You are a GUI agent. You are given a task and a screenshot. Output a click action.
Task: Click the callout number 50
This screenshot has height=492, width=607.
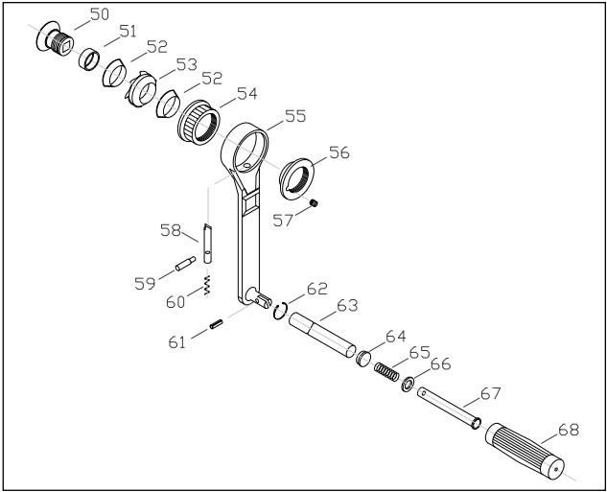pos(100,14)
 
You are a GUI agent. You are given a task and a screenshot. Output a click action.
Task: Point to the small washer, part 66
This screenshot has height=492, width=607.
pos(409,385)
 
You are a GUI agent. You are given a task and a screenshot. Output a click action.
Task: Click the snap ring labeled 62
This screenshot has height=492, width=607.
pos(279,310)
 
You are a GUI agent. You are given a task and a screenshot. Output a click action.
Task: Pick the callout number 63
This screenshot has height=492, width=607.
pos(346,306)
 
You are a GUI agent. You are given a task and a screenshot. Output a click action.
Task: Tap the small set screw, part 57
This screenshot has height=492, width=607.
pos(313,202)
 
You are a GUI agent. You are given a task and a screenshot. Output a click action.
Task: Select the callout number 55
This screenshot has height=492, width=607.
pos(294,116)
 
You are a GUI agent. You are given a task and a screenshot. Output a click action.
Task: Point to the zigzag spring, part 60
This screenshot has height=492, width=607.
pos(206,285)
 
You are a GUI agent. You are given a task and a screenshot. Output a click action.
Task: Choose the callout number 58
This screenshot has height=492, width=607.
pos(171,230)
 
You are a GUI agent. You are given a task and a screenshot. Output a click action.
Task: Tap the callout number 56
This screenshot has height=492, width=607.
pos(339,152)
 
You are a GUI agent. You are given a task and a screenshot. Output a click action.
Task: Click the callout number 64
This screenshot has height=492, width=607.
pos(396,336)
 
